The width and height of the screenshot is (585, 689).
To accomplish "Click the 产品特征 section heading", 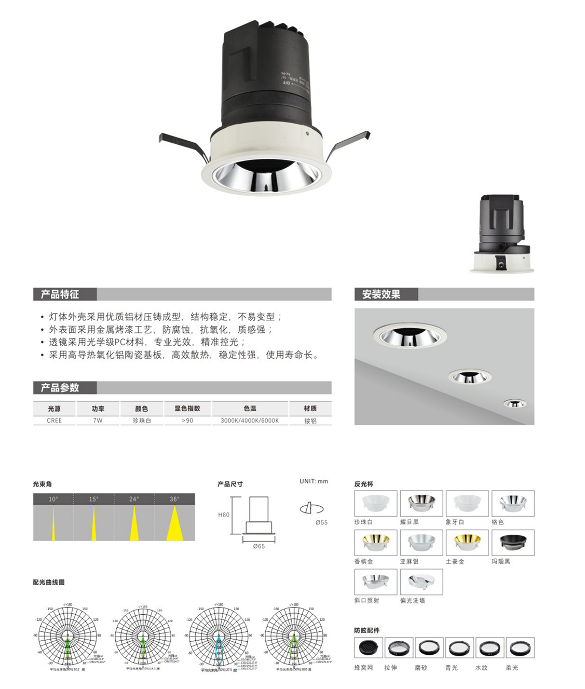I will (60, 294).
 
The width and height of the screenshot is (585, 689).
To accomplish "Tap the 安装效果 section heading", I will (381, 294).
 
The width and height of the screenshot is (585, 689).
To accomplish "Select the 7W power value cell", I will (98, 421).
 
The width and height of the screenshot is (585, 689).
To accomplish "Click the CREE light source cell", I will (54, 421).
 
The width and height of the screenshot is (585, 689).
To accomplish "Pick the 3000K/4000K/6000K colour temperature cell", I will (250, 421).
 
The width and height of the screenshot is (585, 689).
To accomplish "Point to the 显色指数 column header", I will (187, 409).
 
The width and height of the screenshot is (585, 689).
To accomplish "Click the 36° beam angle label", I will (174, 499).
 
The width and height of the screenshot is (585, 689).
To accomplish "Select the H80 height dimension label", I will (224, 515).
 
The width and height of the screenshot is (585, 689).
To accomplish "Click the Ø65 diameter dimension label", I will (259, 546).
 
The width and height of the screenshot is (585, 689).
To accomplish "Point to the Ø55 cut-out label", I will (321, 522).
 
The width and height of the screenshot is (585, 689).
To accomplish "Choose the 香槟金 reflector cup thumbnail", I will (376, 543).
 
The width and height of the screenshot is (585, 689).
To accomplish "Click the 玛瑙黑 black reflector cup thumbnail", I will (513, 543).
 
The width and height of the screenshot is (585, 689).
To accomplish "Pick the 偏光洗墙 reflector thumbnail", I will (421, 582).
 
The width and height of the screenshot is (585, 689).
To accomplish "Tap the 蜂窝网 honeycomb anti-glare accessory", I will (369, 648).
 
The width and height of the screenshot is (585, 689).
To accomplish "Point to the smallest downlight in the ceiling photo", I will (514, 403).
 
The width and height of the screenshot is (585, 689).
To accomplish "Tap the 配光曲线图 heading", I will (49, 582).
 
